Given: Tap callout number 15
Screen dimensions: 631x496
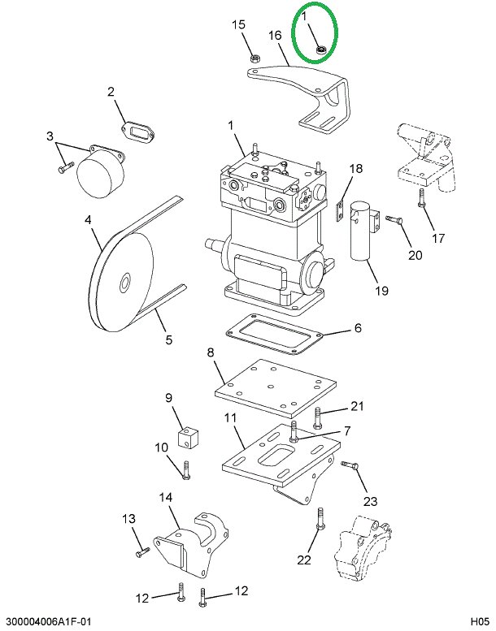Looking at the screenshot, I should (x=238, y=25).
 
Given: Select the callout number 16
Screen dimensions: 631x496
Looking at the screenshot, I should (x=275, y=35).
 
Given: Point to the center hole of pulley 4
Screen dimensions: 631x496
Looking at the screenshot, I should (x=126, y=283).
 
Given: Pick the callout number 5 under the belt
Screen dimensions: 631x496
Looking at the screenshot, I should (x=169, y=340).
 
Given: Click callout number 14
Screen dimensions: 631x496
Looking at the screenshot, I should (x=165, y=497).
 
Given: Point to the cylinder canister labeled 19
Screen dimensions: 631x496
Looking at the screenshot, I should (x=361, y=235).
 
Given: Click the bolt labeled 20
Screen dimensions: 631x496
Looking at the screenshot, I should (x=394, y=219).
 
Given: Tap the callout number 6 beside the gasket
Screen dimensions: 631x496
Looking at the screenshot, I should (x=357, y=329).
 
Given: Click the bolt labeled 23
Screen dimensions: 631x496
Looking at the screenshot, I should (x=350, y=465).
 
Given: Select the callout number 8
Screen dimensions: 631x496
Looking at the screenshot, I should (x=210, y=352).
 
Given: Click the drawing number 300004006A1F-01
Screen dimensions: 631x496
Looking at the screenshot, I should (x=46, y=621).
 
